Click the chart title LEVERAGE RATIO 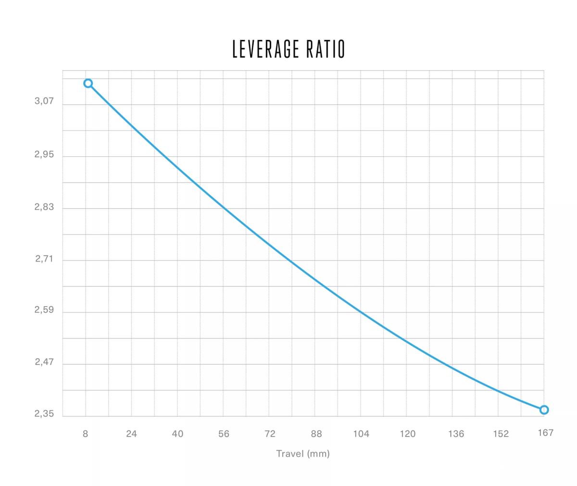(288, 49)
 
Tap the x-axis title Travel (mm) (303, 453)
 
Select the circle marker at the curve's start (88, 83)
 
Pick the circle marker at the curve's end (544, 410)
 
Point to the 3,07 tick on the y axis (44, 102)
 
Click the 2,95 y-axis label (44, 155)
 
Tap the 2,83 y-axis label (44, 207)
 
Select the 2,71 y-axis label (44, 259)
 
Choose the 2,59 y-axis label (44, 310)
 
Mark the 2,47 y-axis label (44, 362)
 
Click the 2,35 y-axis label (44, 414)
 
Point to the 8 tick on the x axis (85, 434)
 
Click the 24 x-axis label (131, 434)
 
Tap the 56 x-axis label (224, 434)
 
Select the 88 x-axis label (316, 434)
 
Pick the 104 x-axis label (361, 434)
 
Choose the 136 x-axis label (456, 434)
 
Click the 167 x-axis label (545, 433)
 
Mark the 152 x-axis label (501, 434)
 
